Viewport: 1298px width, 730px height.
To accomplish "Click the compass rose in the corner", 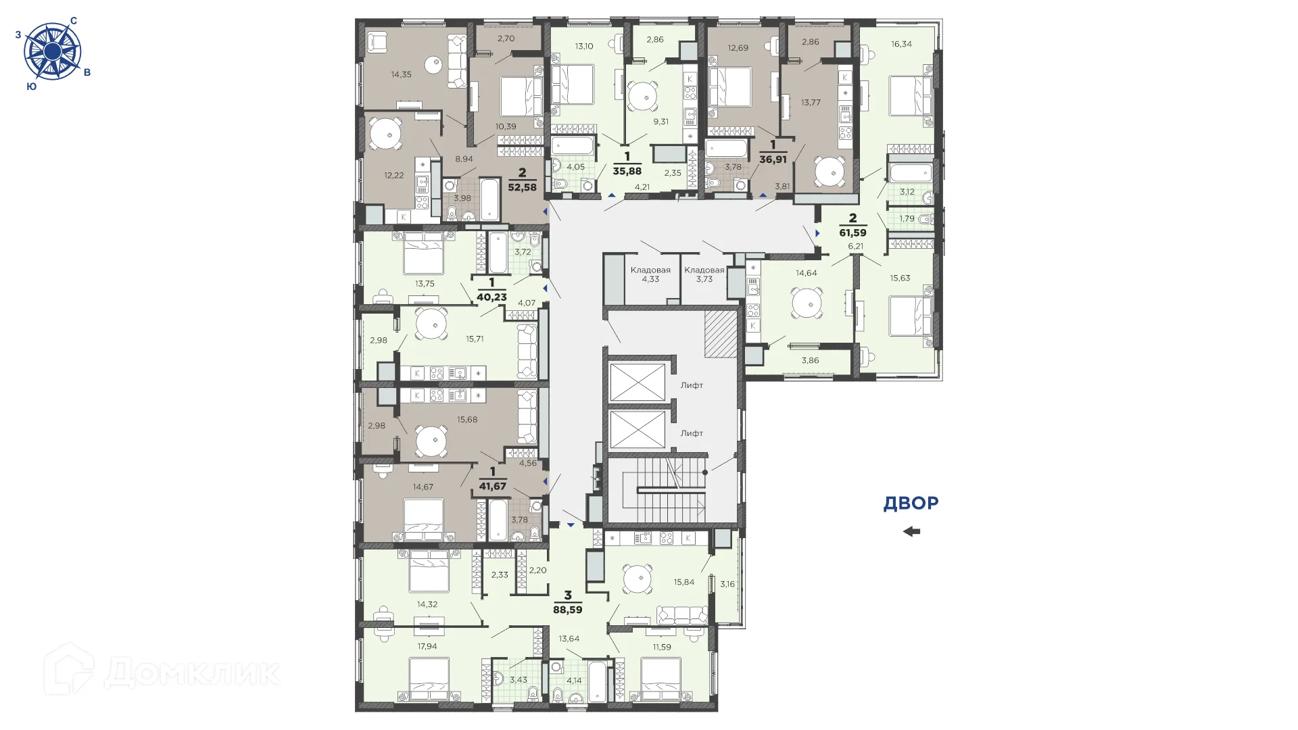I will (52, 51).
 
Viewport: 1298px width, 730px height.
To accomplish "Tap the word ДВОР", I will (911, 503).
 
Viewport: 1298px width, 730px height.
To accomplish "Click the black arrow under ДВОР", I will (911, 531).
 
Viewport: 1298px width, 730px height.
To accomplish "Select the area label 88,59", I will (567, 608).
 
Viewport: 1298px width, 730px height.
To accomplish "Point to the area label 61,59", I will (852, 232).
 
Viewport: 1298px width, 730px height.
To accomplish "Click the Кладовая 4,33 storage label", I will (650, 274).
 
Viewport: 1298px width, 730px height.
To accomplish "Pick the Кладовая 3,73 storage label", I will (704, 274).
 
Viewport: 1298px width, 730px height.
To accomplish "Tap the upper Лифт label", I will (692, 385).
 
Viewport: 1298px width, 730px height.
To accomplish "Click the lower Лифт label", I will (692, 433).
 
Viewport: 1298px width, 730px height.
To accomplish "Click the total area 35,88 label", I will (627, 171).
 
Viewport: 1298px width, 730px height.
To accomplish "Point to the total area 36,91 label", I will (773, 160).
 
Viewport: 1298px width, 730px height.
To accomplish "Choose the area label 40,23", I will (491, 296).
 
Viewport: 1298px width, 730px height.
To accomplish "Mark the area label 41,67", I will (492, 485).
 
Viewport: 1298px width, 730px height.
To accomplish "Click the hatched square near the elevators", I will (720, 334).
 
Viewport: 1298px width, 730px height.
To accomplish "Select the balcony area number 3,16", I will (727, 584).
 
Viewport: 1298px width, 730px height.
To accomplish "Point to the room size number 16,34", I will (901, 44).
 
